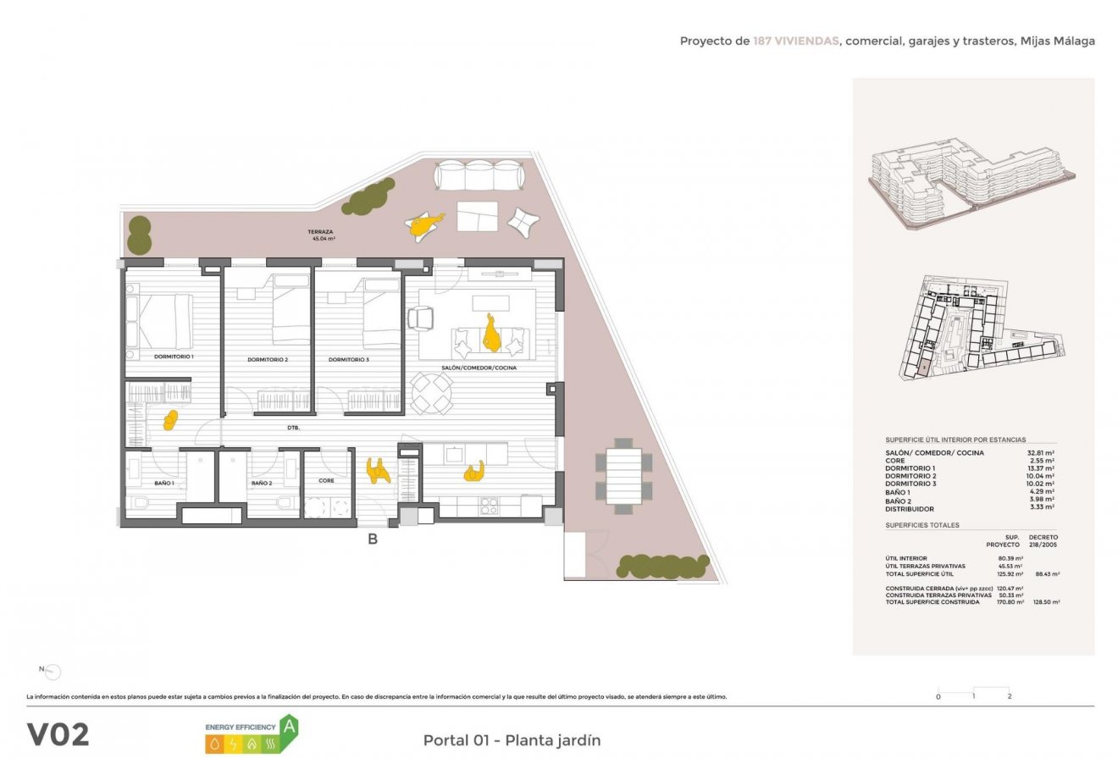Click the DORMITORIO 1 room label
tap(174, 357)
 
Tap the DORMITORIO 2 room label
tap(268, 360)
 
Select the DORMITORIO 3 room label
tap(349, 360)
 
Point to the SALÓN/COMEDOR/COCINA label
tap(479, 368)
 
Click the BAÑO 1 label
tap(164, 483)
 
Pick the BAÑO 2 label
tap(261, 483)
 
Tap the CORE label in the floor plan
tap(326, 480)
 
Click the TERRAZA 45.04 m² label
tap(321, 235)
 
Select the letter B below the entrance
tap(372, 538)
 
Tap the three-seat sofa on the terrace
tap(479, 177)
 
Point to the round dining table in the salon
tap(432, 391)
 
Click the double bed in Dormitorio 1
tap(161, 321)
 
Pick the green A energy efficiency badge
tap(290, 726)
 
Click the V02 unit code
tap(58, 734)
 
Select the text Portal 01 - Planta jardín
tap(512, 740)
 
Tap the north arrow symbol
tap(53, 672)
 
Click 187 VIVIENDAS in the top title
tap(795, 41)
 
